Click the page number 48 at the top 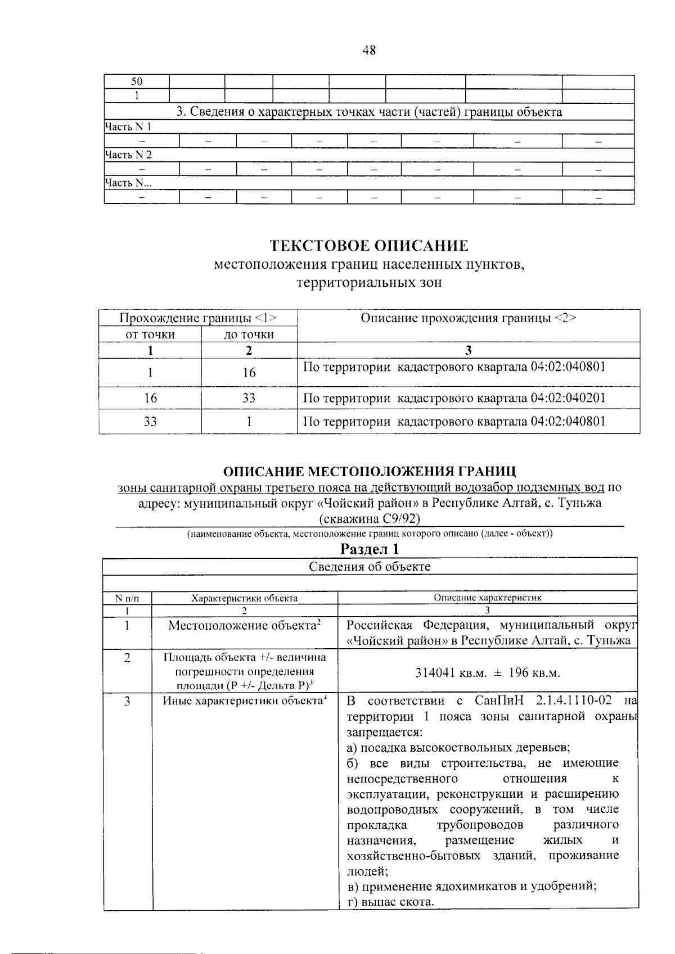(x=369, y=51)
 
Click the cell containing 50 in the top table (x=137, y=82)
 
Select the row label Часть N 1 (x=128, y=127)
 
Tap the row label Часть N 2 (x=128, y=155)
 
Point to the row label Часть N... (x=128, y=183)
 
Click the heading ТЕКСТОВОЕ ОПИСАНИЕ (x=369, y=246)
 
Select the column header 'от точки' (x=150, y=334)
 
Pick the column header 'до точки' (x=249, y=334)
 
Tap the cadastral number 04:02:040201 (x=568, y=398)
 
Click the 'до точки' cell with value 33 (x=249, y=398)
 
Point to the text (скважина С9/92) (x=369, y=517)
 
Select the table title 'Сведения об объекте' (x=369, y=566)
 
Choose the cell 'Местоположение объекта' (x=244, y=625)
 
